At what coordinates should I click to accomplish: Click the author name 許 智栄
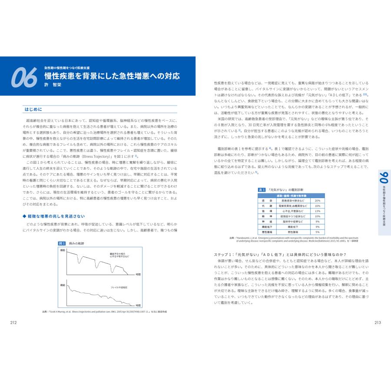[x=54, y=85]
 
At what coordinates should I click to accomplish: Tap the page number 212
[x=13, y=321]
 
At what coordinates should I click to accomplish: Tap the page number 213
[x=377, y=321]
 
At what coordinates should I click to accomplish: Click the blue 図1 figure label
[x=62, y=244]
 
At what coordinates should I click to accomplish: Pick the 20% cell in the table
[x=318, y=201]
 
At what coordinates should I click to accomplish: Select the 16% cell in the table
[x=318, y=206]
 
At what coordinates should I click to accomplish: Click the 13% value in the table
[x=318, y=211]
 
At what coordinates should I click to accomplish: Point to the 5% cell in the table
[x=318, y=232]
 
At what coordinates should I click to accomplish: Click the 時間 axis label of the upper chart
[x=138, y=274]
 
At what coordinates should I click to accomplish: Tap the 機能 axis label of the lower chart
[x=63, y=284]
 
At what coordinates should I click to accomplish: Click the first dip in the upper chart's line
[x=79, y=262]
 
